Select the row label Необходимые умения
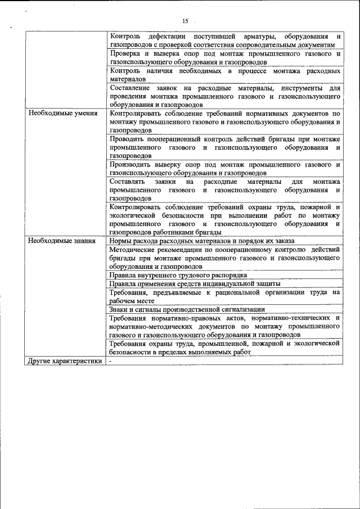tap(58, 113)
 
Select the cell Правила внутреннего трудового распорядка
tap(178, 275)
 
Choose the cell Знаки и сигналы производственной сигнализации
tap(187, 309)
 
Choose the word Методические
tap(133, 249)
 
